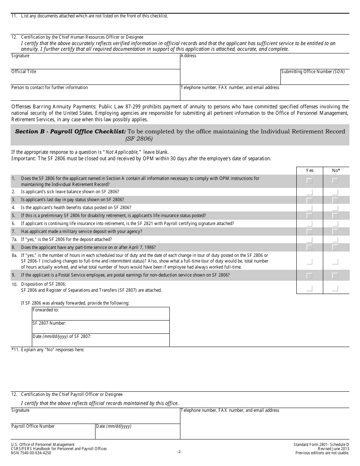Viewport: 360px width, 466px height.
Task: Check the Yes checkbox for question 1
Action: pyautogui.click(x=309, y=181)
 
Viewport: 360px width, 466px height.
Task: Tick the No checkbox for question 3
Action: pyautogui.click(x=335, y=200)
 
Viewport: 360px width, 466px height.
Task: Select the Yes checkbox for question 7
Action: pyautogui.click(x=309, y=231)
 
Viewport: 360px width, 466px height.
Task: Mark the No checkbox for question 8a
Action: pyautogui.click(x=335, y=261)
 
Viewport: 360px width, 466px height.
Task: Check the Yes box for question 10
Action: pyautogui.click(x=309, y=289)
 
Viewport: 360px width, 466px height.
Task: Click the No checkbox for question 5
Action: pyautogui.click(x=335, y=216)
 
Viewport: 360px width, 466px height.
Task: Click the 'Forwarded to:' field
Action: pyautogui.click(x=101, y=314)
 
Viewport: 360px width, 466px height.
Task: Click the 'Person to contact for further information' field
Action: pyautogui.click(x=95, y=93)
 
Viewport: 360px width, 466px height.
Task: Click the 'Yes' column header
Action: pyautogui.click(x=310, y=170)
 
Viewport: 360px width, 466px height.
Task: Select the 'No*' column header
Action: pyautogui.click(x=336, y=170)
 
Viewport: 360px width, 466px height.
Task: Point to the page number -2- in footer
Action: pyautogui.click(x=180, y=452)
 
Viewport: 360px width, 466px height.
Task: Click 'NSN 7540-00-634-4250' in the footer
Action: pyautogui.click(x=31, y=453)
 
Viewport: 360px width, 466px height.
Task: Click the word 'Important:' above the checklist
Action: pyautogui.click(x=23, y=159)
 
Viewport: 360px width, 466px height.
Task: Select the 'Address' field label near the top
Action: pyautogui.click(x=189, y=56)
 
